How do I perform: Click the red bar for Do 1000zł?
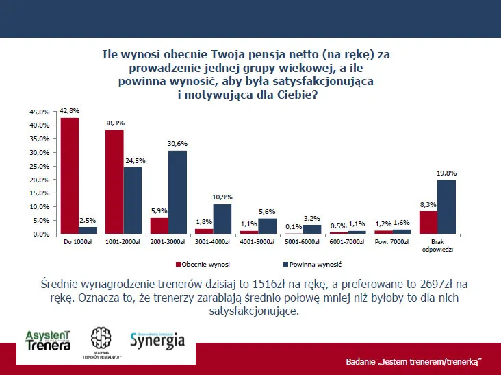(x=70, y=176)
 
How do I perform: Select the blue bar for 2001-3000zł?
(x=177, y=193)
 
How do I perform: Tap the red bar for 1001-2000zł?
(x=114, y=182)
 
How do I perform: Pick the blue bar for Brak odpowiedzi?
(x=446, y=207)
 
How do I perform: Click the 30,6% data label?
(x=177, y=144)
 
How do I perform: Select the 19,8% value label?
(x=447, y=173)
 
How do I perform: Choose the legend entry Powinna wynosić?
(x=313, y=264)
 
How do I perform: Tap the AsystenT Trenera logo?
(x=48, y=340)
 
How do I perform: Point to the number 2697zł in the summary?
(x=426, y=285)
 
